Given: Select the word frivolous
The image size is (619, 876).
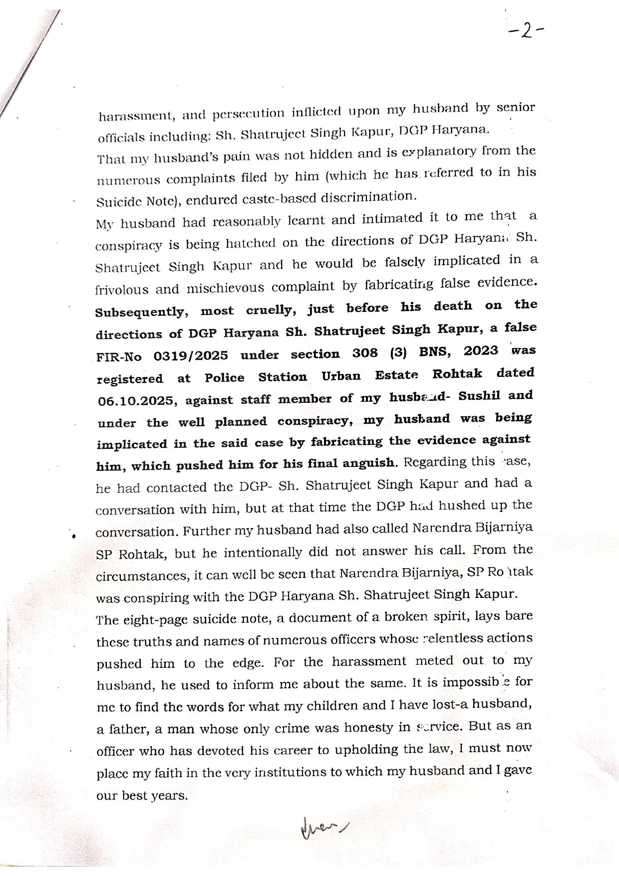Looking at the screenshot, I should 122,290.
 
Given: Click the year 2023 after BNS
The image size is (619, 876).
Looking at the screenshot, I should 481,350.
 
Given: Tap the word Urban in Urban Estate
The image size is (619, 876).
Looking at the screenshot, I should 341,376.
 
